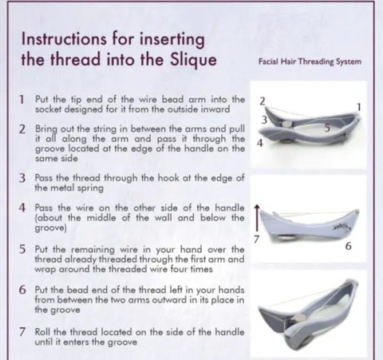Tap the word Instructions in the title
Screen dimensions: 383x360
point(64,39)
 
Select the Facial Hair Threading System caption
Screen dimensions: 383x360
point(310,61)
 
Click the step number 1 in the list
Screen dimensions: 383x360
point(22,100)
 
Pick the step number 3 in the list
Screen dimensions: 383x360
point(22,178)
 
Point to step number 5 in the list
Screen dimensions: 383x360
point(22,250)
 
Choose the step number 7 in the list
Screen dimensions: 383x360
point(22,332)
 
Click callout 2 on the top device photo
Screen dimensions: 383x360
point(263,101)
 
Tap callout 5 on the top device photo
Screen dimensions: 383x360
point(327,128)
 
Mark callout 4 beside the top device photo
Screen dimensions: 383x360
point(260,143)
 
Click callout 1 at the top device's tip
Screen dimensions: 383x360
point(359,107)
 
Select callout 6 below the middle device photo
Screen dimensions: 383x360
point(349,247)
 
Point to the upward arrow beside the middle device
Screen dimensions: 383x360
point(257,218)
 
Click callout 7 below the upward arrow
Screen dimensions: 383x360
point(256,239)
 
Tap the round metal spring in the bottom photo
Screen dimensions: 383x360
point(299,318)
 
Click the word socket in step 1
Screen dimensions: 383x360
point(49,109)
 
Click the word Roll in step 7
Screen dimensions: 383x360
point(43,332)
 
